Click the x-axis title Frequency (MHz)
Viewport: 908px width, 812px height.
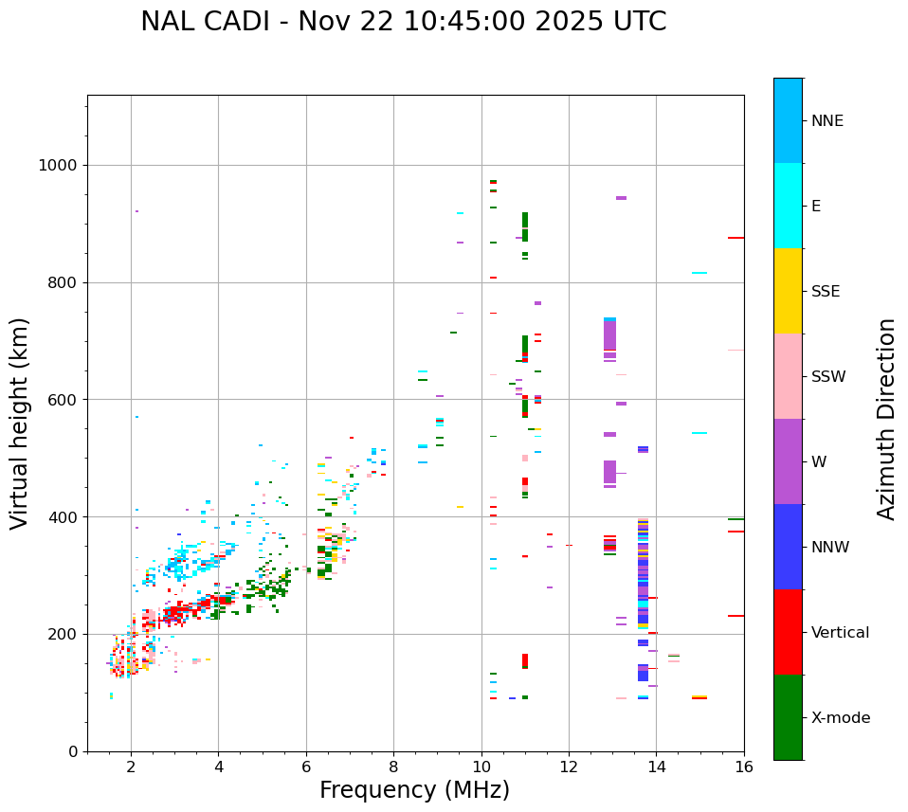click(414, 790)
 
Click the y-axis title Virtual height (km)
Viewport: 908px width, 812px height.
click(20, 424)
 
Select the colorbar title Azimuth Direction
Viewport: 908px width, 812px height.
click(886, 419)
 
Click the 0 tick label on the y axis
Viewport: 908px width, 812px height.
click(72, 751)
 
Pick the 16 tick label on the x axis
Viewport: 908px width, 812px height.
click(744, 767)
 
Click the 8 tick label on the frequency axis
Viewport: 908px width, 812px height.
click(393, 767)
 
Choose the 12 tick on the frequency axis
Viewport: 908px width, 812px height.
click(569, 767)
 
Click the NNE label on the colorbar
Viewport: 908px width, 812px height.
click(827, 121)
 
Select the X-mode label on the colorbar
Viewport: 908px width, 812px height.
click(841, 718)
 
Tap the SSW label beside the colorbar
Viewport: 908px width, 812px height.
click(828, 377)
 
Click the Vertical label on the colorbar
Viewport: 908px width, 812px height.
click(840, 633)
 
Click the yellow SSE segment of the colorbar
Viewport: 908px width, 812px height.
click(788, 291)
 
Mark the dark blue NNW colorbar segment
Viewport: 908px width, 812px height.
click(788, 547)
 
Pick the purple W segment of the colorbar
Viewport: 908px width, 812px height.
click(788, 461)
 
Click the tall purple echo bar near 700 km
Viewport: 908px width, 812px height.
click(609, 336)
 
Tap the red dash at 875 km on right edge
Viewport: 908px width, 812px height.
click(735, 238)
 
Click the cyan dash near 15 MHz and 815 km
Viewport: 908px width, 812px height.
click(699, 273)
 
